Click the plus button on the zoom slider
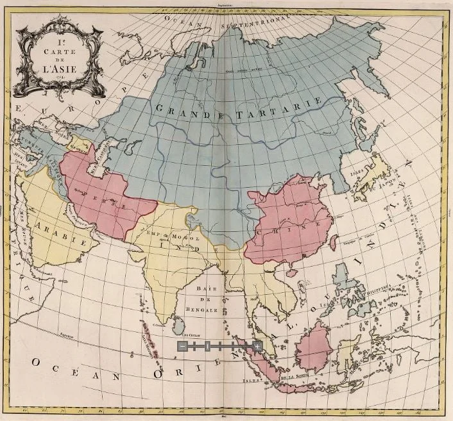pos(257,346)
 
